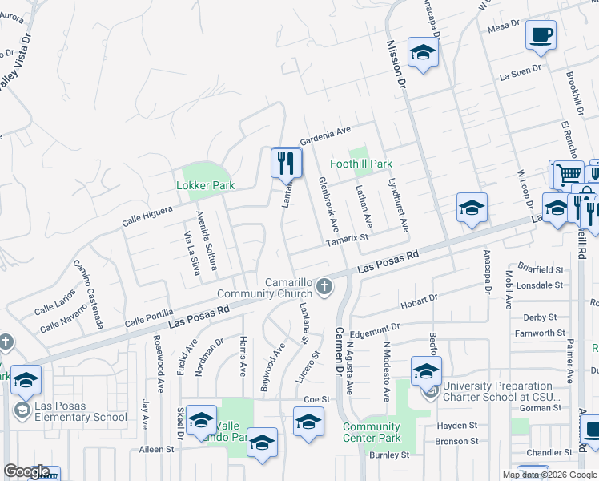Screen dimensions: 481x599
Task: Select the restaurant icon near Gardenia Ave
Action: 286,163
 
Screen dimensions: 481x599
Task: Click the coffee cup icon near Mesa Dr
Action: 541,35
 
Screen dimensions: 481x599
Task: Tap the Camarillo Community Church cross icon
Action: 324,286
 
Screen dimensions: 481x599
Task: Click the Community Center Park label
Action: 372,432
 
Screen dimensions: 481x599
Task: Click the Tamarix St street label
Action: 347,237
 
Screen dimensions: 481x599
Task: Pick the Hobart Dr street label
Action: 420,300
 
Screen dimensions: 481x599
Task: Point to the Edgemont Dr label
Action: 375,328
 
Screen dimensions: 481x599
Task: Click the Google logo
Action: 26,471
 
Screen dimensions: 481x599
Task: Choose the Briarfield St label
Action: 541,270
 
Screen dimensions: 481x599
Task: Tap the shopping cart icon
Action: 569,173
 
